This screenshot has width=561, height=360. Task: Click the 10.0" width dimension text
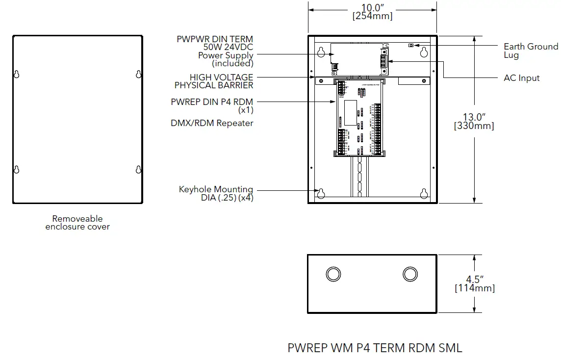[372, 8]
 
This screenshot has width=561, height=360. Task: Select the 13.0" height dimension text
[474, 117]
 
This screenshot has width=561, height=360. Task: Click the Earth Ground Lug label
[531, 51]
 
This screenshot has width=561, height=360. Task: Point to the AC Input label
[522, 78]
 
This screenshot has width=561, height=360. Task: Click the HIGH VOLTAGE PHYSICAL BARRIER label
[214, 81]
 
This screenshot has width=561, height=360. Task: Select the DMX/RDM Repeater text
[212, 123]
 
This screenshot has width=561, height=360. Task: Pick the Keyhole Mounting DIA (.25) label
[216, 193]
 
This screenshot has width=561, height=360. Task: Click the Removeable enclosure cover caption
[77, 223]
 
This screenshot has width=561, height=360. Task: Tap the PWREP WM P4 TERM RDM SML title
[375, 348]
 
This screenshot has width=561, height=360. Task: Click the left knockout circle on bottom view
[333, 274]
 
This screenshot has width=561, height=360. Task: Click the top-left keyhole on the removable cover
[16, 74]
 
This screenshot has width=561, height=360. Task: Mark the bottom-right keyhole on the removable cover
[138, 170]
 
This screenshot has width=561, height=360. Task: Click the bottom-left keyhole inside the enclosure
[321, 193]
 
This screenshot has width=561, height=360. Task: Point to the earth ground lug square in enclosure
[410, 45]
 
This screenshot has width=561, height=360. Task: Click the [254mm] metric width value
[372, 16]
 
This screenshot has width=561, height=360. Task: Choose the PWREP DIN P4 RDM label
[212, 102]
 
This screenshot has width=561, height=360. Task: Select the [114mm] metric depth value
[474, 288]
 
